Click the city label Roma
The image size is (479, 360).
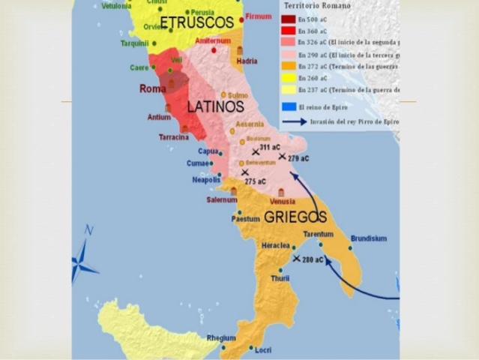[x=153, y=88]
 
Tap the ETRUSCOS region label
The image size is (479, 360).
[x=197, y=22]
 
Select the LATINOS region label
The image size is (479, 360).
[x=216, y=106]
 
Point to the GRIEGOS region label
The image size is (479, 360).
[x=295, y=217]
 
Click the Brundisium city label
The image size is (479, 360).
[x=368, y=238]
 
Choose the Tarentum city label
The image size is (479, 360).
[x=318, y=234]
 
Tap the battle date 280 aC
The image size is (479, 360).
[x=313, y=259]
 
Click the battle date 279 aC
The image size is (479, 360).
[x=298, y=158]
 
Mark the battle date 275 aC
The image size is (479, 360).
[x=256, y=181]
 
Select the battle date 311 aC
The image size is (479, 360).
[x=270, y=148]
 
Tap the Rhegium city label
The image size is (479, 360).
[x=220, y=337]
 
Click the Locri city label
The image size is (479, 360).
[x=263, y=350]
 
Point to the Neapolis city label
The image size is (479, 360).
[x=205, y=180]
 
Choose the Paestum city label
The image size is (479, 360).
[x=245, y=219]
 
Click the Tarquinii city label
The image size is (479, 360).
[x=135, y=43]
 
